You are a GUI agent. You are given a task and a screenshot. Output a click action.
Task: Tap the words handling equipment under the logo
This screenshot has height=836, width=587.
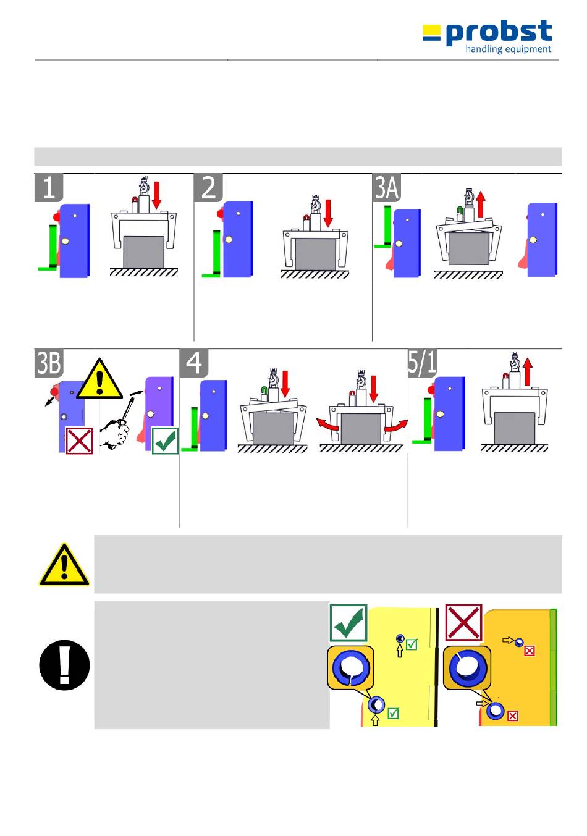click(x=509, y=49)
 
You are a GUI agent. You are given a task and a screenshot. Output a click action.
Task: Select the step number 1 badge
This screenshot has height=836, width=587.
click(x=49, y=187)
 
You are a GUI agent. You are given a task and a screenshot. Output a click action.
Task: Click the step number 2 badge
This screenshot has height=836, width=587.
click(x=208, y=187)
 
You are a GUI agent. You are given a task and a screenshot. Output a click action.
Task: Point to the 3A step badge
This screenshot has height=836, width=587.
click(x=387, y=187)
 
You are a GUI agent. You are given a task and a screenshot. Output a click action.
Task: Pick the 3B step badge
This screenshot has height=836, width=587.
click(x=49, y=363)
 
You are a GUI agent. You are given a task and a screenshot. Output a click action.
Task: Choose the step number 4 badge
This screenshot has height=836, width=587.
click(x=194, y=363)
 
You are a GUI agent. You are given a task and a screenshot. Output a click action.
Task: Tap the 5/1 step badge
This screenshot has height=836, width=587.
click(x=423, y=363)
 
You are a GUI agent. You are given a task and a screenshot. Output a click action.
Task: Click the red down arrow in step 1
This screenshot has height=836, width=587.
click(x=156, y=195)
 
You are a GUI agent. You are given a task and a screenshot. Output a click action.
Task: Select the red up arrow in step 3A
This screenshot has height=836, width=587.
click(x=481, y=204)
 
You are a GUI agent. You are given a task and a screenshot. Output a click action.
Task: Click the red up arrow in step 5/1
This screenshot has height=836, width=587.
click(x=528, y=372)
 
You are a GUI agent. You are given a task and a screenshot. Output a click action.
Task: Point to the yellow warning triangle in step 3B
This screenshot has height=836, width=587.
click(x=99, y=378)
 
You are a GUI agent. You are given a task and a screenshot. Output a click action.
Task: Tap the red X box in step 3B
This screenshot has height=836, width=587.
click(x=79, y=441)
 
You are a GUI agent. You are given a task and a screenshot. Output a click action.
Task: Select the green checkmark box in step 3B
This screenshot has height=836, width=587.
click(x=166, y=441)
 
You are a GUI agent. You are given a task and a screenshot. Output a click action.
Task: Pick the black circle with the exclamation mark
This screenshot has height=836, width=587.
click(x=64, y=665)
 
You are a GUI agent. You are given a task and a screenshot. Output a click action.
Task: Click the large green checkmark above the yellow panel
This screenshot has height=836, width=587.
click(x=348, y=623)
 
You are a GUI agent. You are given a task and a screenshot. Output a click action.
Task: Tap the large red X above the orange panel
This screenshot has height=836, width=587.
click(x=463, y=623)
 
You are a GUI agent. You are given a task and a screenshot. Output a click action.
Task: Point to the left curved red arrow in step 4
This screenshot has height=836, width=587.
click(x=327, y=424)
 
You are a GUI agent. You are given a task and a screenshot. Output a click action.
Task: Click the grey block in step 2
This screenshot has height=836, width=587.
click(x=315, y=254)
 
